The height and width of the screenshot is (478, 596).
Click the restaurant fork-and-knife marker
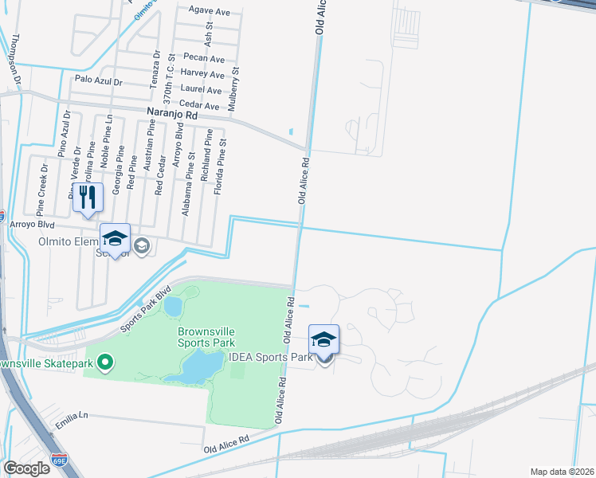(88, 199)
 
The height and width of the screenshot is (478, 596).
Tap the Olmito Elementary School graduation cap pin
(116, 239)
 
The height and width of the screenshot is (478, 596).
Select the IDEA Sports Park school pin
(323, 340)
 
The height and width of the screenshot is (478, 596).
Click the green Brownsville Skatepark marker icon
(104, 363)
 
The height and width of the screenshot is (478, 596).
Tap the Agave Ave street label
(209, 12)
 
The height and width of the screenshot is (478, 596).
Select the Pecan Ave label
(203, 59)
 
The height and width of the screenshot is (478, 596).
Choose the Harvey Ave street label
(202, 74)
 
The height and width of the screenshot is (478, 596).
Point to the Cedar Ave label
(200, 106)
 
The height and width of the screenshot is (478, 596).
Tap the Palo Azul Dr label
(97, 81)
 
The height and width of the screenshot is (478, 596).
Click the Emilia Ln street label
(71, 416)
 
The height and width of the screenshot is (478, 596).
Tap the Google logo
(27, 468)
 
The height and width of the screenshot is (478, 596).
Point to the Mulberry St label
(236, 81)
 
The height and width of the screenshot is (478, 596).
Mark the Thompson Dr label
(15, 60)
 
